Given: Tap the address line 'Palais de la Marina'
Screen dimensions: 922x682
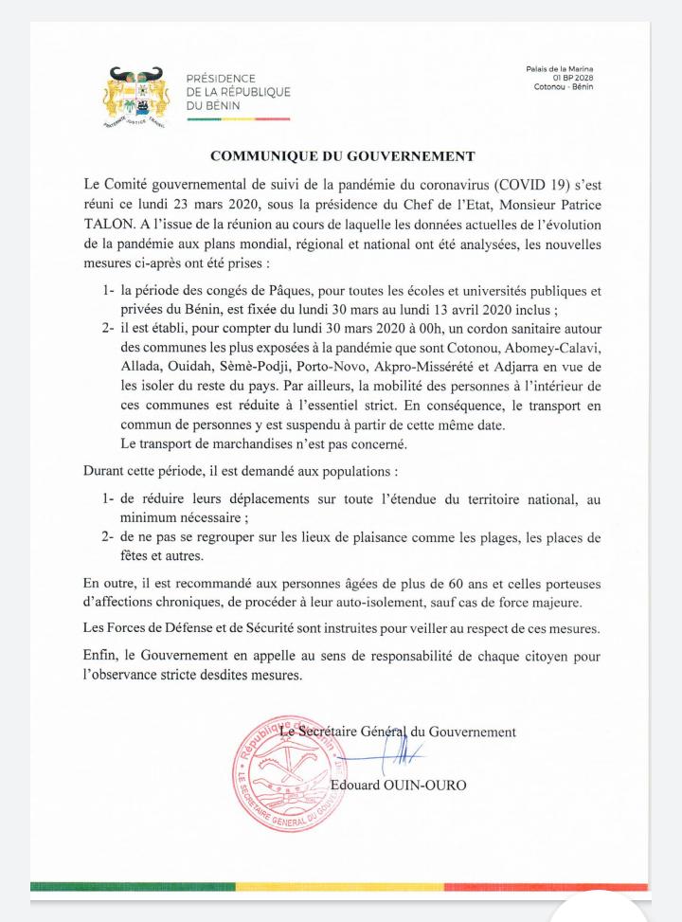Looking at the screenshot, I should pyautogui.click(x=559, y=69).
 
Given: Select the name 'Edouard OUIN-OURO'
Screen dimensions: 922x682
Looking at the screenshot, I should pyautogui.click(x=399, y=786).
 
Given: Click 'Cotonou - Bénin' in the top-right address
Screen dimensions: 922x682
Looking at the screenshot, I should pyautogui.click(x=564, y=86).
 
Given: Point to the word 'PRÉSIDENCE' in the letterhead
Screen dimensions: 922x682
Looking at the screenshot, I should pyautogui.click(x=221, y=78).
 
